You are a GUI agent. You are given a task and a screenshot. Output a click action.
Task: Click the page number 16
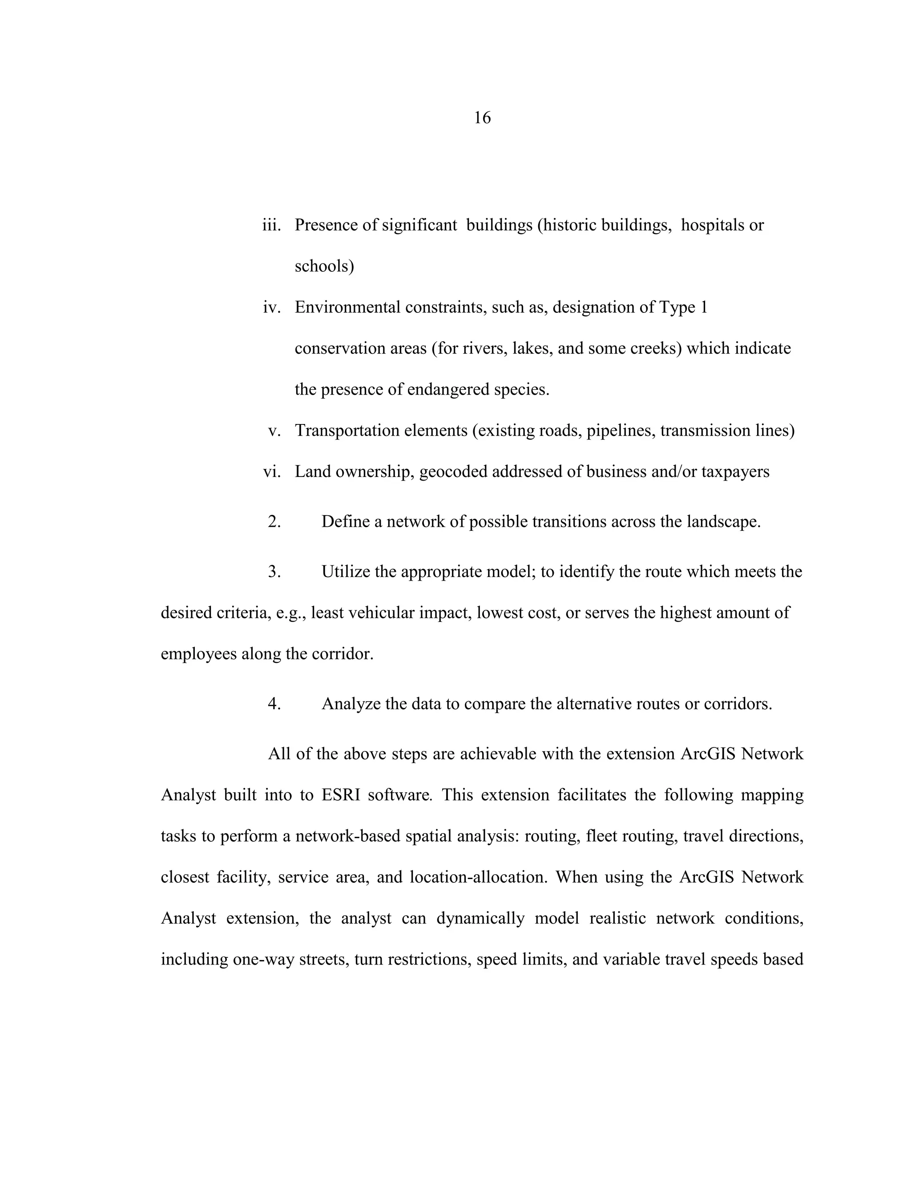point(482,118)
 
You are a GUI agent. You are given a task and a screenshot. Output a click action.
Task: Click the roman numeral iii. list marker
point(271,225)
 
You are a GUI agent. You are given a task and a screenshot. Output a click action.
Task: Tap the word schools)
point(324,266)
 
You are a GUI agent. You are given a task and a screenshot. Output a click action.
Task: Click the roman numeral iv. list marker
point(272,308)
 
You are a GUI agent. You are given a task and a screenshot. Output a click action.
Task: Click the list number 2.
point(274,522)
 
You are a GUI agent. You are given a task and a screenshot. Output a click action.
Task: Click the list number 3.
point(274,572)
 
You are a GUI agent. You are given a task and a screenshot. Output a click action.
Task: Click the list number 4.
point(274,704)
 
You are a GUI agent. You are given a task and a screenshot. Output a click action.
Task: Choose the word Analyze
point(351,704)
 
